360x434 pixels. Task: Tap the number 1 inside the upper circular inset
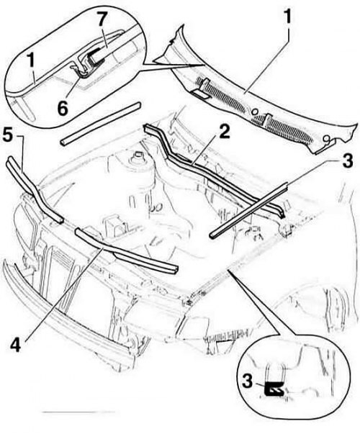coord(31,60)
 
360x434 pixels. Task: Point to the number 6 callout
coord(63,108)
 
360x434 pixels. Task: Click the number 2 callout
coord(223,132)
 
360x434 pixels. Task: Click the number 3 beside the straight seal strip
coord(348,161)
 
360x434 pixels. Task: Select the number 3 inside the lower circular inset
coord(247,381)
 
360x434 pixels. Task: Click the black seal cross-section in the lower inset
coord(274,389)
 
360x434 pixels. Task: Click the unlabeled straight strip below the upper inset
coord(101,124)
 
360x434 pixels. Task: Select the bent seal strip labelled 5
coord(35,191)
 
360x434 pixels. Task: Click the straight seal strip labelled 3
coord(248,211)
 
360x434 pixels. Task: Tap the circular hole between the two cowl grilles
coord(255,112)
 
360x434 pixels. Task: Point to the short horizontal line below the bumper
coord(79,412)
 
